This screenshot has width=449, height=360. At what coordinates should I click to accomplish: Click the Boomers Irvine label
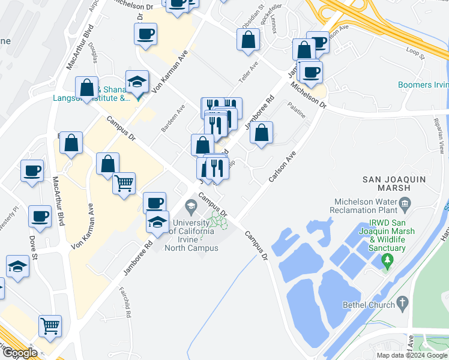click(424, 85)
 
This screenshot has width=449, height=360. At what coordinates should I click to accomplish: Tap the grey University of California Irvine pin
click(191, 208)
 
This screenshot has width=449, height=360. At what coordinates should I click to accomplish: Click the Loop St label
click(415, 54)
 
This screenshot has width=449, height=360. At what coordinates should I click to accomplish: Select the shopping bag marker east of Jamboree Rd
click(262, 133)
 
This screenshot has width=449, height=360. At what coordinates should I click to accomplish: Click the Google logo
click(19, 353)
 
